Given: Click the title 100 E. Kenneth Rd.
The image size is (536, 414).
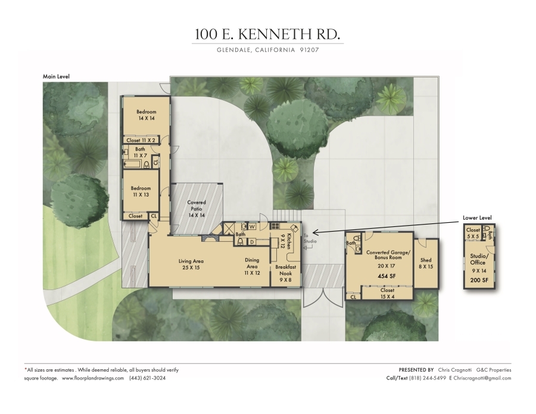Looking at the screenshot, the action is pos(267,34).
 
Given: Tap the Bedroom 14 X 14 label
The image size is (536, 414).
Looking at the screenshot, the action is pos(147,115).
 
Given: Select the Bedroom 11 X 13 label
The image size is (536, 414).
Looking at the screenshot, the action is pos(141,191).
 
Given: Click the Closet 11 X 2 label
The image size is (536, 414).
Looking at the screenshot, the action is pos(141,140).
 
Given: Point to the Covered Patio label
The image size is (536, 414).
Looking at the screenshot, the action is pos(197,208).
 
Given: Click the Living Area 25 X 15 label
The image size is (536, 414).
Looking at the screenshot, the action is pos(191,264).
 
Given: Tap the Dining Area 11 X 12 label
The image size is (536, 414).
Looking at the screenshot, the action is pos(252,266).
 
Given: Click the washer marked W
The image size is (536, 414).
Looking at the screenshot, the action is pos(253,226).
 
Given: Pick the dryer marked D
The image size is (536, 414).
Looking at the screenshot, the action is pos(252,242).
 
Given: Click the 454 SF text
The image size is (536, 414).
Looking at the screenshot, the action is pos(387,276).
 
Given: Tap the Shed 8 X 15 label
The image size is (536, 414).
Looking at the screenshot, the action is pos(426,263).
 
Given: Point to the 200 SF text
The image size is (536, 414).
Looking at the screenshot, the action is pos(479,280).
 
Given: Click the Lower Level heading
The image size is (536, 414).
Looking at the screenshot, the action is pos(477,218).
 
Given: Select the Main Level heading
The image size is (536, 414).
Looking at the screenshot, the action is pos(56,77).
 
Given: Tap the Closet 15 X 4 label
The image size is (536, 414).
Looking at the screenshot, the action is pos(387,293).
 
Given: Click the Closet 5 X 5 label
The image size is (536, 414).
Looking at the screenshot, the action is pos(473,233).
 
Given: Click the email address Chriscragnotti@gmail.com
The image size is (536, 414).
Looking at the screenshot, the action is pos(482,378).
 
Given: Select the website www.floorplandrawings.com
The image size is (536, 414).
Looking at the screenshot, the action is pos(93,378).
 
